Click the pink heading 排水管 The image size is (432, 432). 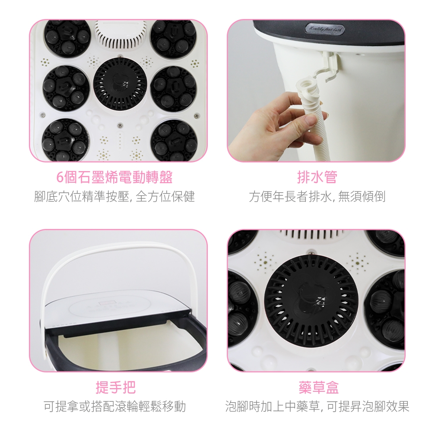click(317, 177)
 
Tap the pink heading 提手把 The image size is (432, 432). click(115, 387)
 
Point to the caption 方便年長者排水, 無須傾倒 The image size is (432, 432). click(317, 197)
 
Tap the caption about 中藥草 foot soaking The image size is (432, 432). click(317, 407)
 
